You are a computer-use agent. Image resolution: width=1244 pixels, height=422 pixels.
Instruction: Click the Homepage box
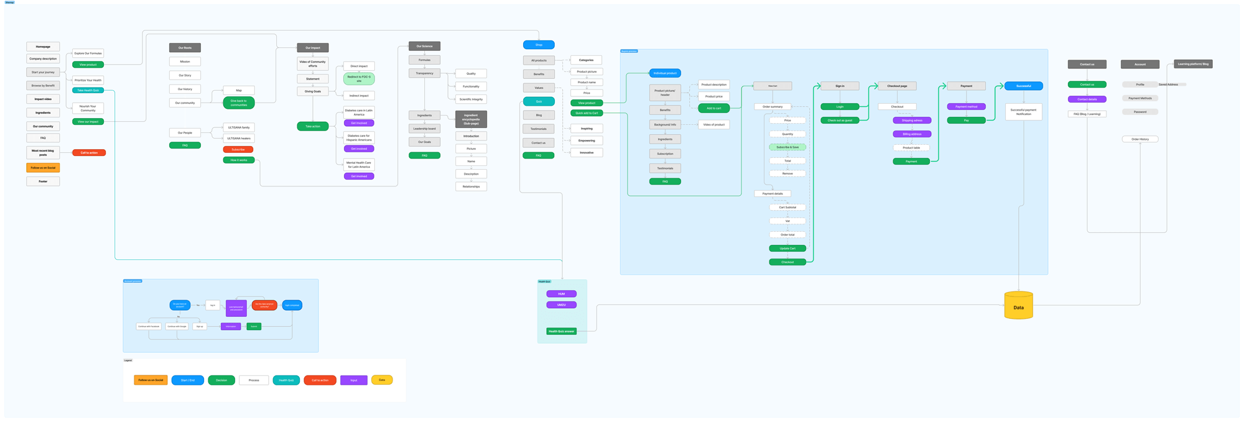point(43,47)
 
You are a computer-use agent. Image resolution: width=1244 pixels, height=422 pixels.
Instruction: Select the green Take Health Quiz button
point(88,90)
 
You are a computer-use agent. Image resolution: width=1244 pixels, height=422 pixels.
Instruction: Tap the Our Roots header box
point(185,48)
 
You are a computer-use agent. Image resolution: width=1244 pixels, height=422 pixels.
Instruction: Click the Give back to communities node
point(238,103)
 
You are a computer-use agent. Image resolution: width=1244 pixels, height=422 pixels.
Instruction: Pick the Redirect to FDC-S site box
point(359,79)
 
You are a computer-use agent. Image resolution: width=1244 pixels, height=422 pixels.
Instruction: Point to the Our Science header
point(424,46)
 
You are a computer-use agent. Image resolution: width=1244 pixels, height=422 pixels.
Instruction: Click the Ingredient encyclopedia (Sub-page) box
point(471,119)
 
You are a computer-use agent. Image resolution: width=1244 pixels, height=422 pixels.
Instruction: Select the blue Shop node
point(539,45)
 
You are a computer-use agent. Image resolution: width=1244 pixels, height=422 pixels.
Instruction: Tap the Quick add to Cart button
point(587,113)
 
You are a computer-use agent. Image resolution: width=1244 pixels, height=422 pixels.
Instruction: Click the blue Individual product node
point(665,73)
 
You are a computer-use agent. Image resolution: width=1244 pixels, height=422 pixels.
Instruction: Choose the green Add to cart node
point(713,108)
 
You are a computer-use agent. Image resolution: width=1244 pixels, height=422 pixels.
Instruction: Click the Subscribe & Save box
point(787,147)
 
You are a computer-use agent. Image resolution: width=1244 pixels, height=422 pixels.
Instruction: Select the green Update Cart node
point(787,249)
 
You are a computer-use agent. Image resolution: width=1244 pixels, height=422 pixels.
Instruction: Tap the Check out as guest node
point(840,121)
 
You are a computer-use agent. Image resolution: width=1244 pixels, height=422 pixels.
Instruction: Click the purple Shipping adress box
point(912,121)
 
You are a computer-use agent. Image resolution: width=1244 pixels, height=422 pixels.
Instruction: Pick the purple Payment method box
point(966,107)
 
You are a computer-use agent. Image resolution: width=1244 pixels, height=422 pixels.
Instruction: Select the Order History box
point(1140,139)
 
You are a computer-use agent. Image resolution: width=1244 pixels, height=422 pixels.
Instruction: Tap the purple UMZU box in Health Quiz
point(561,305)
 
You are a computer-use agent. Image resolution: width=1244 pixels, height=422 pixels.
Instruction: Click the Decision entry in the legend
point(221,380)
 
